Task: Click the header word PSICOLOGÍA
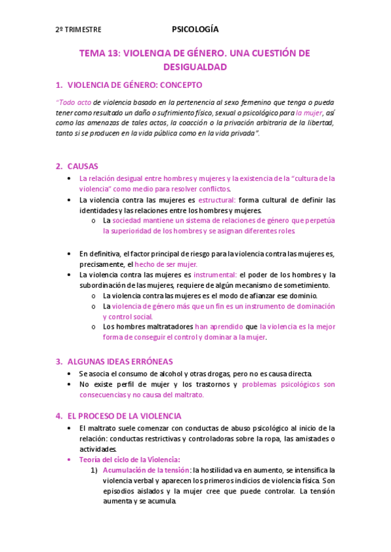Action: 195,29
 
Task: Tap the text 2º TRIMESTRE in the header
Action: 78,30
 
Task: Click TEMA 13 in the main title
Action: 99,53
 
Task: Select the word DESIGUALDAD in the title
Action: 195,66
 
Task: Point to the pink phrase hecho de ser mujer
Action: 166,264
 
